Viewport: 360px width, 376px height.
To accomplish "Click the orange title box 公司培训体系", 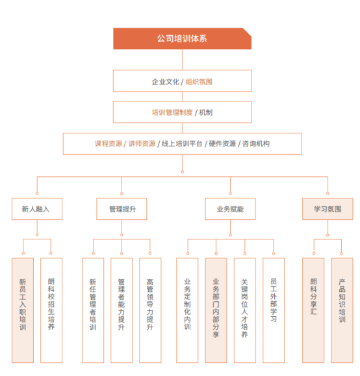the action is coord(183,38).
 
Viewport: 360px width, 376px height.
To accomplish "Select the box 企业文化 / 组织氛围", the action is coord(183,81).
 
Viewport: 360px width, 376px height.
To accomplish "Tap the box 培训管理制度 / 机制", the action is coord(183,112).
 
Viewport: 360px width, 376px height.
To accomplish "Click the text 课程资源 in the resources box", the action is coord(109,144).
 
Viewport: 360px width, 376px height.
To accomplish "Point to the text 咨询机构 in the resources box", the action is coord(256,144).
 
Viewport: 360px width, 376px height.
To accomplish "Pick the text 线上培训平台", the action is coord(182,144).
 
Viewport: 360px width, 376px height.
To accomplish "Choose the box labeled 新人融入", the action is coord(37,209).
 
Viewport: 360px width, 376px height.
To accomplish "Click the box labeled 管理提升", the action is coord(122,209).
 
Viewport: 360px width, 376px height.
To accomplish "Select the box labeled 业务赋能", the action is coord(231,209).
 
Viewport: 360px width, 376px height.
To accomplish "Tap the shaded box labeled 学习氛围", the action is coord(328,209).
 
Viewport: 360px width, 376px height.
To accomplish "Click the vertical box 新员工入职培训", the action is coord(23,310).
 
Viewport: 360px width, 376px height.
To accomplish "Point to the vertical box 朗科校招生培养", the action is coord(51,310).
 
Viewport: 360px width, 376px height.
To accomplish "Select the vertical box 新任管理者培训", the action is coord(93,310).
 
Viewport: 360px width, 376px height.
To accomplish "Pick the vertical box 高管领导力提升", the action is coord(150,310).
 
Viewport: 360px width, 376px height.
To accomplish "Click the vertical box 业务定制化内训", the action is coord(187,310).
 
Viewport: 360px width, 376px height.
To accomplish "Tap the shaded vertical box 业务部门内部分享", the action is coord(216,310).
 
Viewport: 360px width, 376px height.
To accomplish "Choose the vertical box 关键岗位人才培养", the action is coord(245,310).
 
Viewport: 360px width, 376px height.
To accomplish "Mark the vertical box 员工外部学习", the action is coord(274,310).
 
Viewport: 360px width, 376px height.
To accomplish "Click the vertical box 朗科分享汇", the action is coord(313,310).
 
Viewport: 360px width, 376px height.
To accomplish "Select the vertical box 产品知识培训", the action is coord(342,310).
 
